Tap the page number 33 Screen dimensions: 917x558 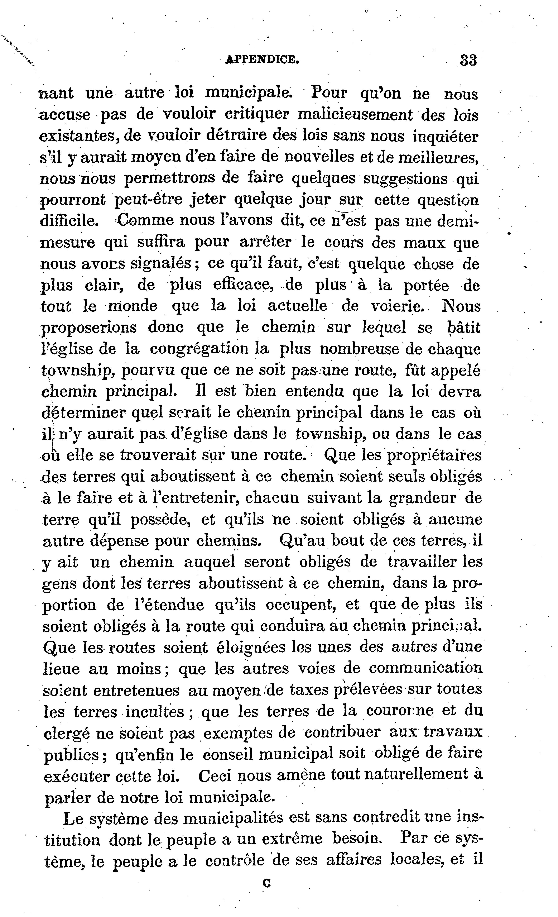[x=468, y=60]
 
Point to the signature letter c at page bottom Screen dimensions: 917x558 [x=266, y=880]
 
